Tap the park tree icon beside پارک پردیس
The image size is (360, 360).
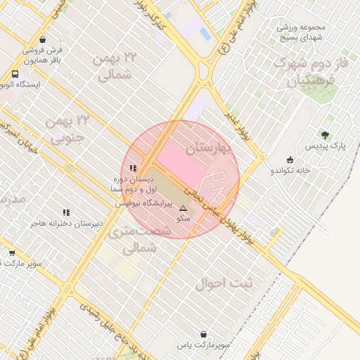tap(324, 134)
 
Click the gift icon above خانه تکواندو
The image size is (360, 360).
tap(290, 159)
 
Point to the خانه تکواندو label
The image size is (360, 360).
tap(290, 170)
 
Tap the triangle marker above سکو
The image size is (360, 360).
tap(183, 208)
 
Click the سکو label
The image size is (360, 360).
tap(183, 219)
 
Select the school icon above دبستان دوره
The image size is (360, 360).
tap(134, 168)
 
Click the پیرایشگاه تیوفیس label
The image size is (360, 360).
tap(144, 202)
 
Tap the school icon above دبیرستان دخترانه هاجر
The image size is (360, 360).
tap(66, 212)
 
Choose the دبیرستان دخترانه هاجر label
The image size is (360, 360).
tap(66, 224)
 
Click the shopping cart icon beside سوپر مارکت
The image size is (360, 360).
tap(12, 253)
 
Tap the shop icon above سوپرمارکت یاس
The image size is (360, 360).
tap(204, 334)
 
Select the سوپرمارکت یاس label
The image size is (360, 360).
tap(204, 345)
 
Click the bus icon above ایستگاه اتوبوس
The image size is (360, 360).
tap(15, 73)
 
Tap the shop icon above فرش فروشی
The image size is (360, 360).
tap(44, 40)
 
